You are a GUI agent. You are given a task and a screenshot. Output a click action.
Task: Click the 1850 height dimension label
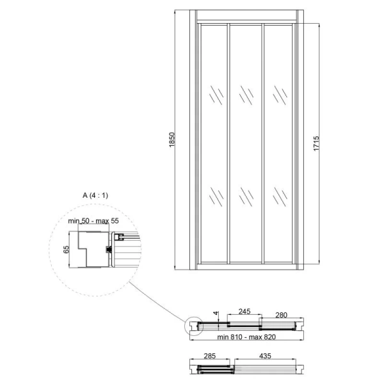click(x=172, y=140)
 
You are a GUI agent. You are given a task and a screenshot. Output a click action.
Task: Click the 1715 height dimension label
click(x=316, y=143)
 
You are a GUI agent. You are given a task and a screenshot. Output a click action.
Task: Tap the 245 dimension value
click(x=244, y=311)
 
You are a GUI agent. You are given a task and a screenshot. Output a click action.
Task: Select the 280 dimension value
click(x=281, y=315)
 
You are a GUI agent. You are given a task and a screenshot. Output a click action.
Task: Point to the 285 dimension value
click(x=210, y=356)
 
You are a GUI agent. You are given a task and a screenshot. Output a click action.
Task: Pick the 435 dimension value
click(x=265, y=356)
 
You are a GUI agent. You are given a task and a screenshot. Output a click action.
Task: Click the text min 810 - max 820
click(x=246, y=337)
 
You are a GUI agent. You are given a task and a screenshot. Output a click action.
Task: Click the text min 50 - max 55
click(x=93, y=221)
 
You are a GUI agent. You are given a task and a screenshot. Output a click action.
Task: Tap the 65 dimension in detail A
click(x=67, y=250)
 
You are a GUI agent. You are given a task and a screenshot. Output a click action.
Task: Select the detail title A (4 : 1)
click(x=95, y=195)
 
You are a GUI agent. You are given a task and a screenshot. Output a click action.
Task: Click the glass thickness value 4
click(x=216, y=313)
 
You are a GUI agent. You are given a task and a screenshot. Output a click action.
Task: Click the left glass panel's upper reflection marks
click(x=216, y=95)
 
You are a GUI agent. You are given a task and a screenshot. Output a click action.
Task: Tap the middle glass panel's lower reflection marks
click(x=246, y=196)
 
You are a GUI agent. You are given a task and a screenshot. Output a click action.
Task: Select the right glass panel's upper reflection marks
click(x=280, y=95)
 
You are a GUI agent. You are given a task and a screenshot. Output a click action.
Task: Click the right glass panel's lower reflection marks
click(x=280, y=196)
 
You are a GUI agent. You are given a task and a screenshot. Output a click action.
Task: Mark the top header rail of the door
click(x=246, y=15)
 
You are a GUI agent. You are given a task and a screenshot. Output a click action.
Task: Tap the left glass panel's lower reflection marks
click(x=216, y=196)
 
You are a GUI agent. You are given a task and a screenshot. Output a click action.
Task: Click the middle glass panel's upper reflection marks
click(x=246, y=95)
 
